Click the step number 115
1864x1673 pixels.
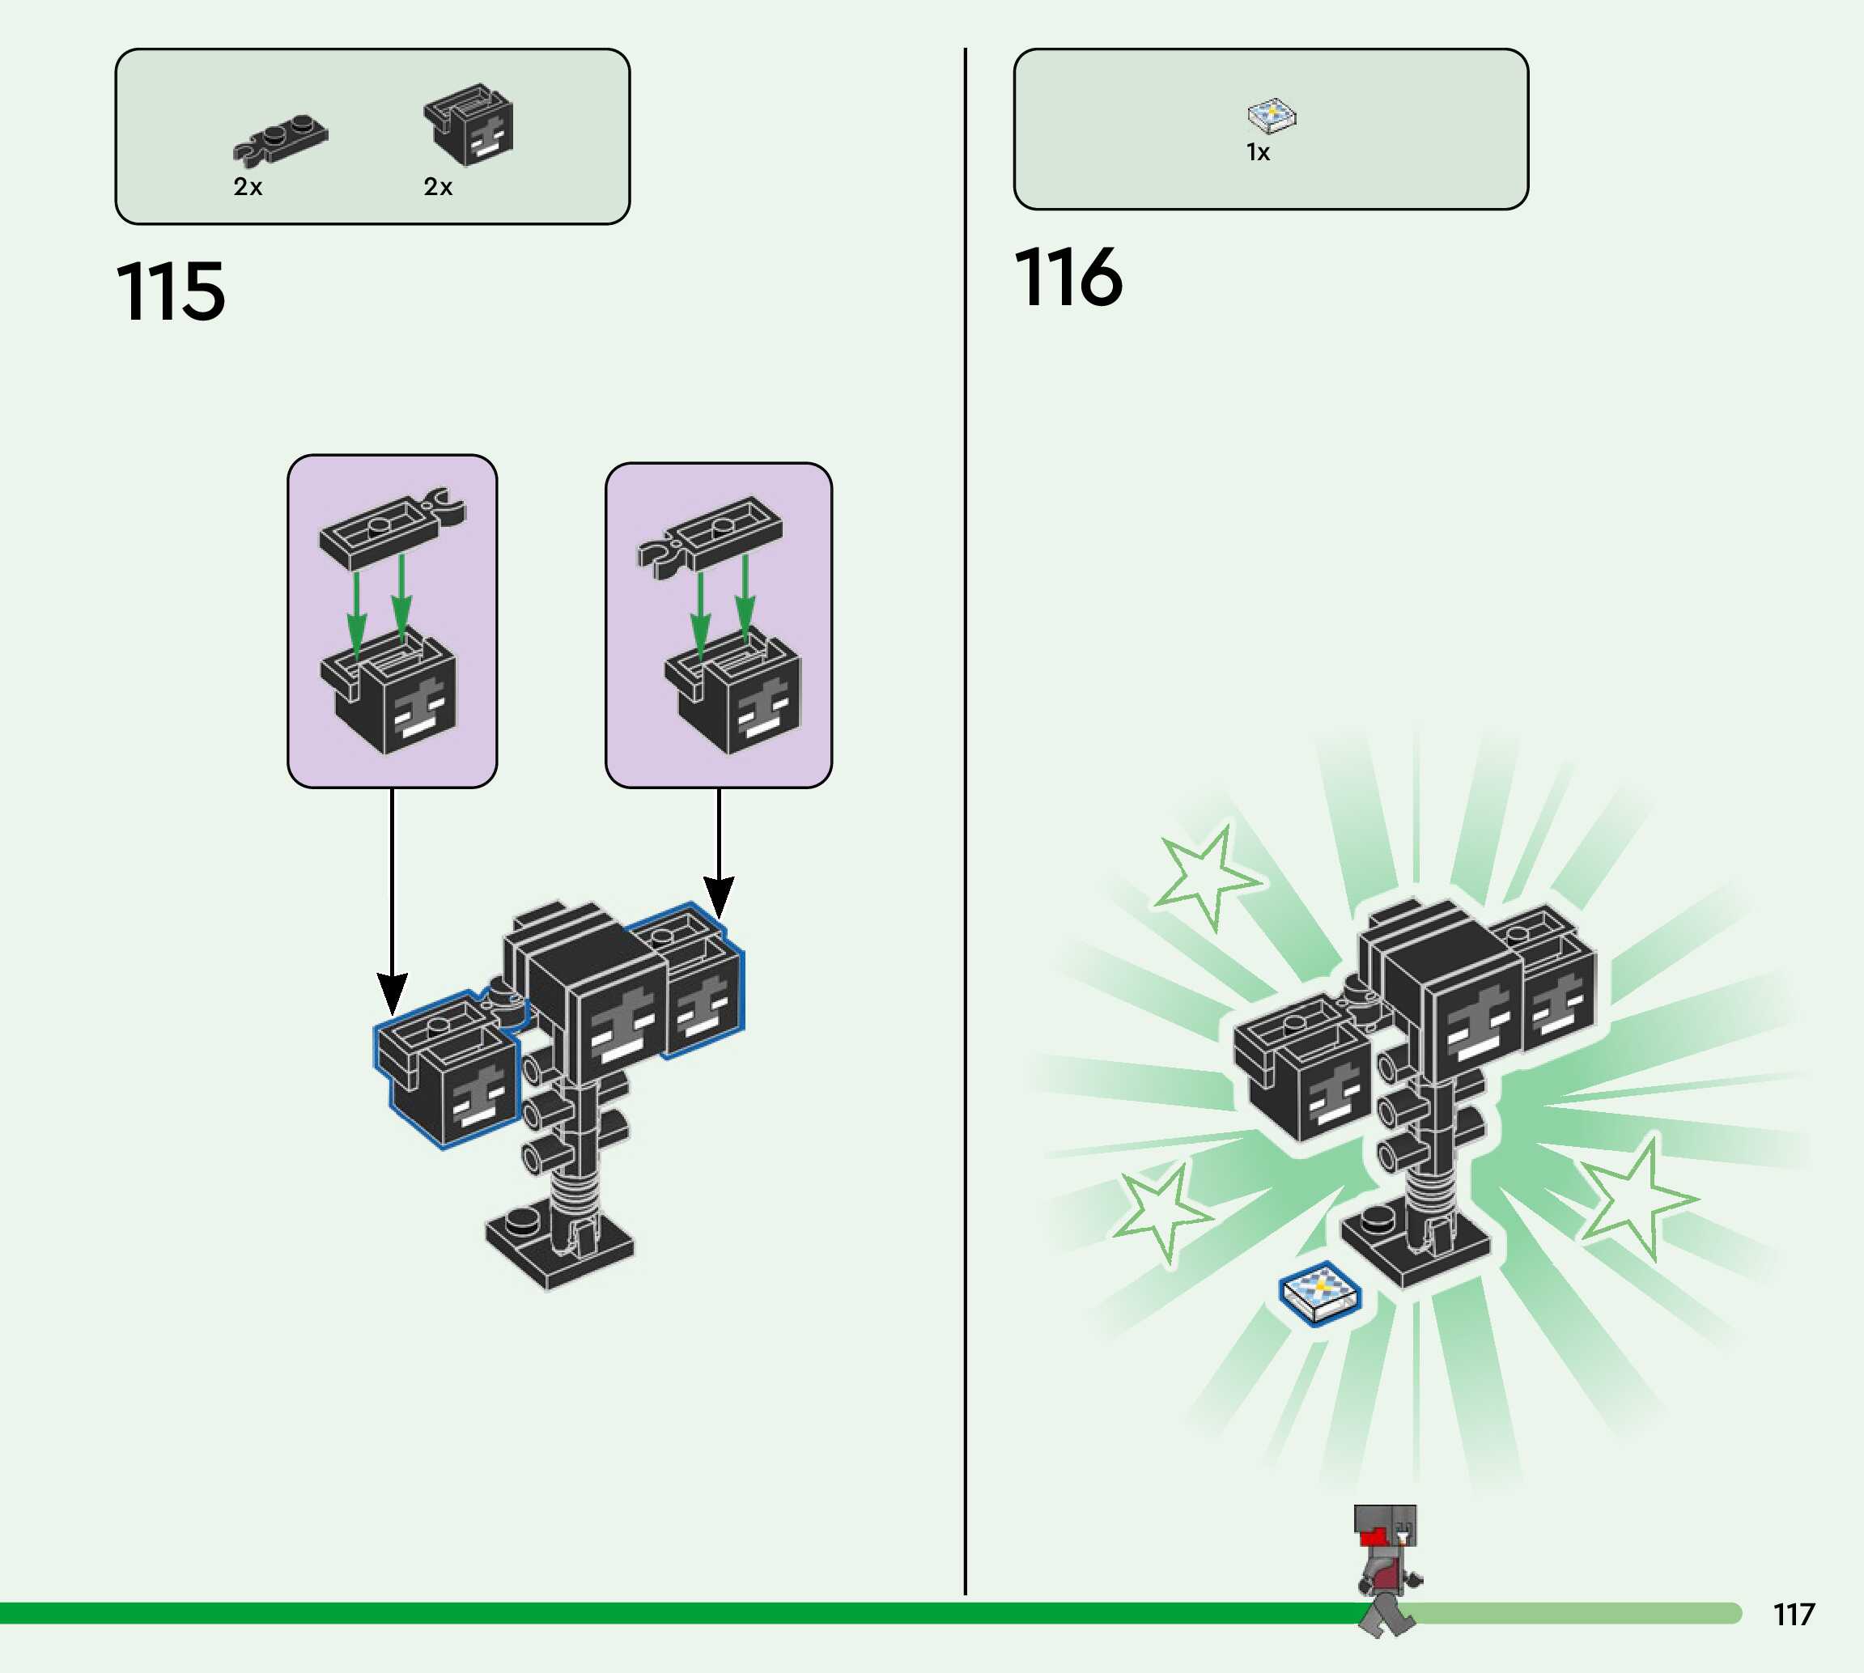171,291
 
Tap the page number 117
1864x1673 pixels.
1794,1614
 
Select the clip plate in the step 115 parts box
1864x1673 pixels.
280,142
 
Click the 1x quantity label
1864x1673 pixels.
1258,153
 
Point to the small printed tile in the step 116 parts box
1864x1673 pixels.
1272,115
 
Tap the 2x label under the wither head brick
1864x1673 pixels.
439,188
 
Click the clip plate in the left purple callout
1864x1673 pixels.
392,529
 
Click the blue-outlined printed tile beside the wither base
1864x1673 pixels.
1321,1293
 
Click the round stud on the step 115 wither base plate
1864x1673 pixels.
523,1221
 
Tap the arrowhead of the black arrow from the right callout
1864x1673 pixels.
719,896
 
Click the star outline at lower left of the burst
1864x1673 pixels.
1161,1211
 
